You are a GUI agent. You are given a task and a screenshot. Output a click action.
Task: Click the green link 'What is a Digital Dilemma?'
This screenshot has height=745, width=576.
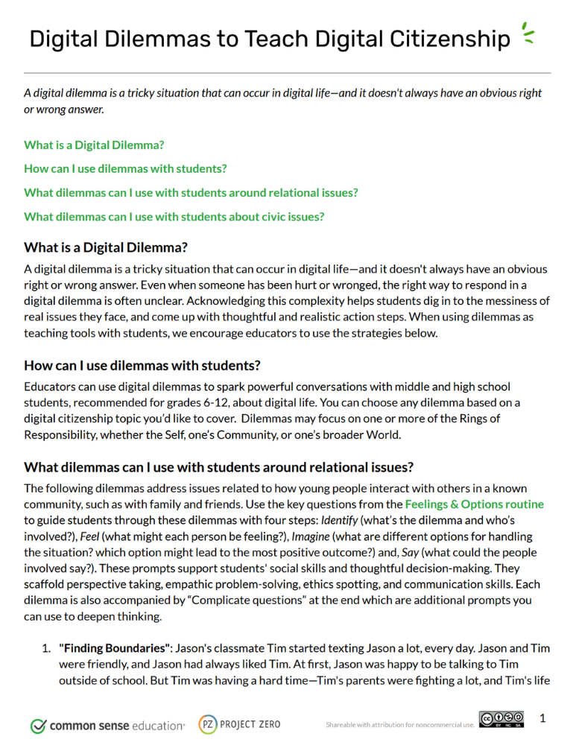point(94,145)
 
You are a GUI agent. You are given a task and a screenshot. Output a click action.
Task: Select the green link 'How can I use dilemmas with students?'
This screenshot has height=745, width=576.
point(125,168)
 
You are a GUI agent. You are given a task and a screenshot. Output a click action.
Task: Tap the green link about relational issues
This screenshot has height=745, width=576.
point(191,192)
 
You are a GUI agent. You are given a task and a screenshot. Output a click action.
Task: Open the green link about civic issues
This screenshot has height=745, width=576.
point(174,217)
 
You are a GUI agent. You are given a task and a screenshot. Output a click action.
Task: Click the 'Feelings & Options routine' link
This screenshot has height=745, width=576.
point(474,504)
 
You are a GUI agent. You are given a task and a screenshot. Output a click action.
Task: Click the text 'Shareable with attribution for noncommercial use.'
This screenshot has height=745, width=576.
point(400,724)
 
